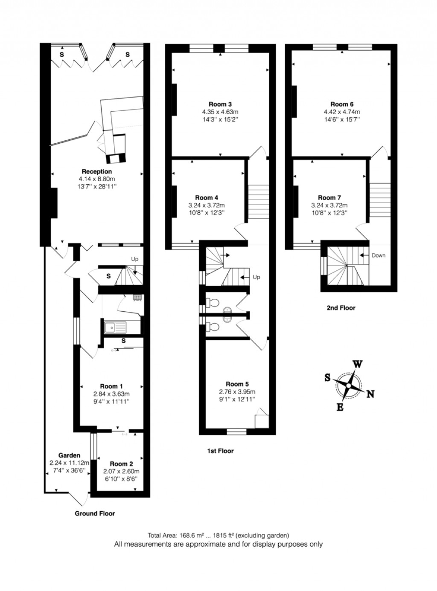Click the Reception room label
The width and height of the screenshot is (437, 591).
(x=97, y=171)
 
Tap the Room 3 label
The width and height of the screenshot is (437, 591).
(x=220, y=104)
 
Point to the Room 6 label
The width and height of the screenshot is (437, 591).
(x=342, y=104)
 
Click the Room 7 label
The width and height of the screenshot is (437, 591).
(x=329, y=197)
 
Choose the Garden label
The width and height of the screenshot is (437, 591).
(x=69, y=455)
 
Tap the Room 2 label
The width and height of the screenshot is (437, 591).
(x=121, y=464)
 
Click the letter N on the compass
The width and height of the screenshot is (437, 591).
(x=370, y=394)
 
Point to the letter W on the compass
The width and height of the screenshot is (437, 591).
(x=357, y=364)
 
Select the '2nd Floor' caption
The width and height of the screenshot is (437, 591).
(x=341, y=307)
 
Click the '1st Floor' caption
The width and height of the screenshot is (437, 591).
(x=220, y=451)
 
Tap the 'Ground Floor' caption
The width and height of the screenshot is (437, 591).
(x=95, y=513)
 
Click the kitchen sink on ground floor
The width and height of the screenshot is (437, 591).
(x=115, y=327)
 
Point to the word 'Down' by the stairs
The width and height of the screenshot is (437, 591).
(x=378, y=255)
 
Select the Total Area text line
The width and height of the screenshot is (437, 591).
(x=218, y=535)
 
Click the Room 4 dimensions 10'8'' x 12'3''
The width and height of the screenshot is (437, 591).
(x=207, y=212)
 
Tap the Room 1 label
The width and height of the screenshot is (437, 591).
(x=111, y=386)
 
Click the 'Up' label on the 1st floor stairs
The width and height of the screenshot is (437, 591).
(x=256, y=277)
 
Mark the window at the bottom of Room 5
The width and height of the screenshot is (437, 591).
(x=236, y=432)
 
